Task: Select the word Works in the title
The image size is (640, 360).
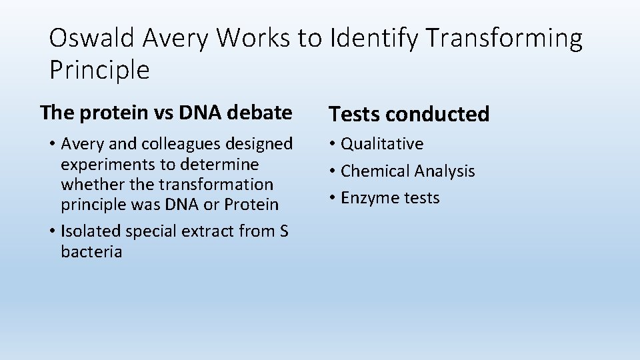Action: (251, 39)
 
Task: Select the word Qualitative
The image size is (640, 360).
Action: (382, 144)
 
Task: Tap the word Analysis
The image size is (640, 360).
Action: (444, 172)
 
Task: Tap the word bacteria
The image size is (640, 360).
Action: (91, 252)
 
